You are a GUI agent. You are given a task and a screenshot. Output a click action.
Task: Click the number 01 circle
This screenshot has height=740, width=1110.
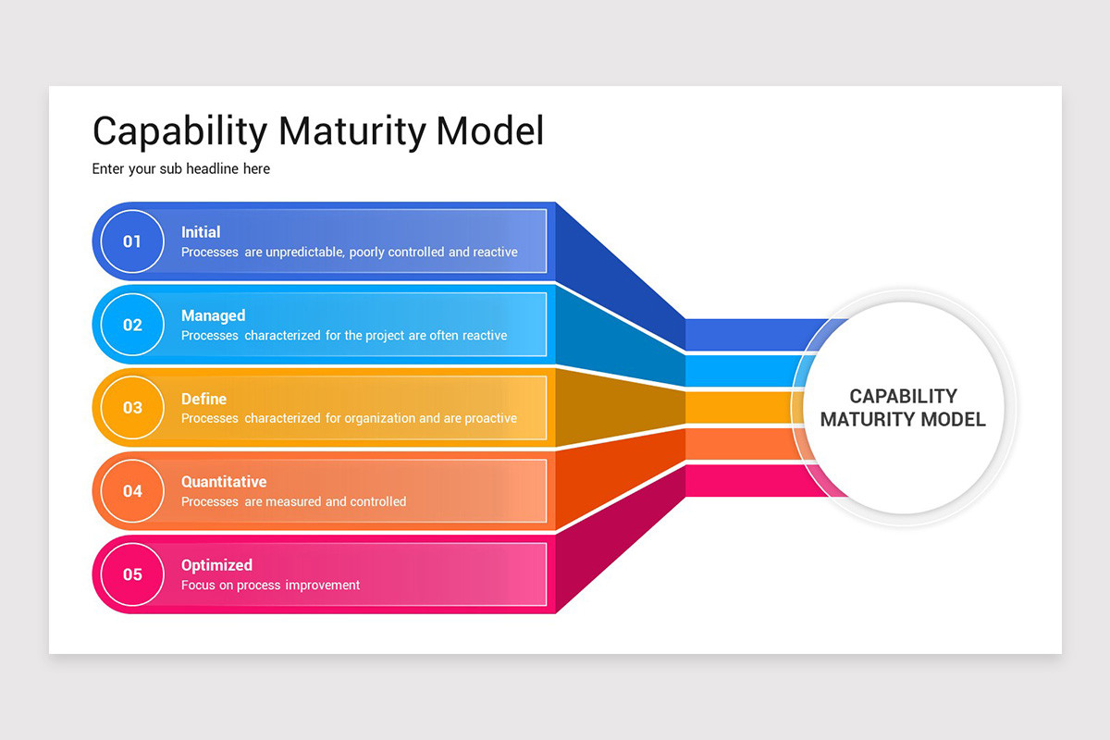pos(132,241)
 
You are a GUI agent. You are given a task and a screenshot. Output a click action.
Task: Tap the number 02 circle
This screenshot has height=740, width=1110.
pos(132,325)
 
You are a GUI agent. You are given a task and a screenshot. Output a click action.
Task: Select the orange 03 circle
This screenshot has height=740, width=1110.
pos(132,408)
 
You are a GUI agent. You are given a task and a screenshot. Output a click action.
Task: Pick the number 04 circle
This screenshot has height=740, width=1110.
pos(132,491)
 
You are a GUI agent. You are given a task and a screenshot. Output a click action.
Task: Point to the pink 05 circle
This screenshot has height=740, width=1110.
pos(132,574)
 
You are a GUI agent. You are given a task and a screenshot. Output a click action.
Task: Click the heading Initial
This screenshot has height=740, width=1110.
pos(201,232)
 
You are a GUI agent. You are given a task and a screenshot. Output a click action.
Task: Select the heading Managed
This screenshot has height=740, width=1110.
pos(213,315)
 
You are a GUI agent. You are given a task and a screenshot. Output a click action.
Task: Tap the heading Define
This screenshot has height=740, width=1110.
pos(203,399)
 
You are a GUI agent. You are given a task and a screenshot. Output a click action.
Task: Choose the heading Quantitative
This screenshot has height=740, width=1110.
pos(224,482)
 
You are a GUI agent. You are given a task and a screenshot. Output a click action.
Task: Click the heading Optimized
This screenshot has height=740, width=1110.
pos(216,565)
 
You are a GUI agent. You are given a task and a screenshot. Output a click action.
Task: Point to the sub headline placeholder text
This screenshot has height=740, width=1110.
pos(181,169)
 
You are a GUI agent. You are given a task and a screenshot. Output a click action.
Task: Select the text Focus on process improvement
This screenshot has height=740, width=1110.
pos(270,586)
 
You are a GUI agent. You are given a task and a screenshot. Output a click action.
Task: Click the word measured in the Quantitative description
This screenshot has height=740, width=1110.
pos(293,502)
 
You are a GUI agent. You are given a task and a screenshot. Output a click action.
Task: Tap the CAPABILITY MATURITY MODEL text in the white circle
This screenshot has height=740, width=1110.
pos(903,408)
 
